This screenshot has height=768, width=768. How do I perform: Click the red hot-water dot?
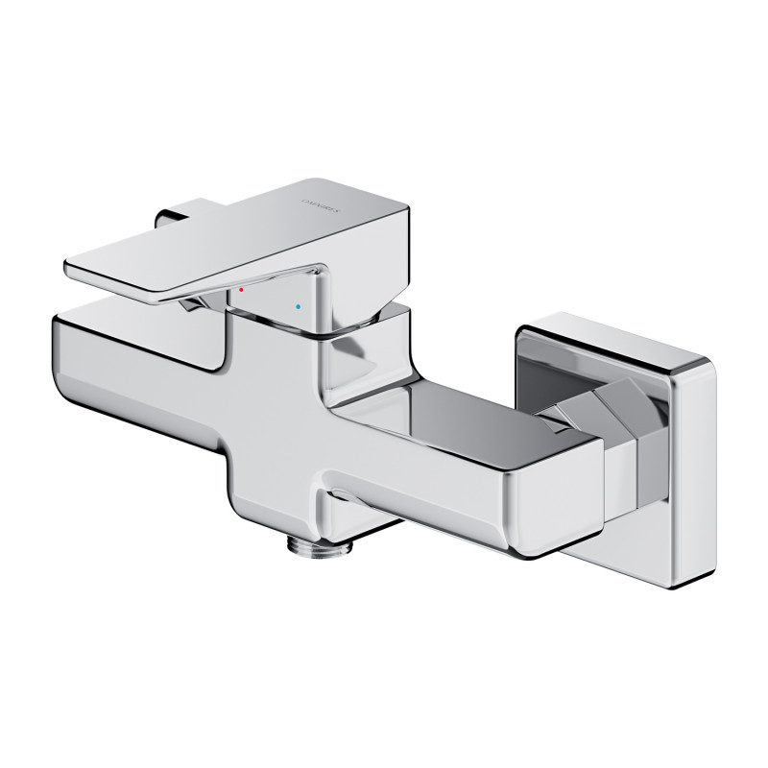pyautogui.click(x=242, y=288)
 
